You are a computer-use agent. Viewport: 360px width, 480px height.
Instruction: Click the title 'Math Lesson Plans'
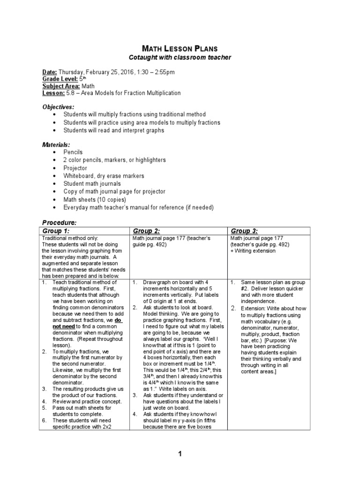[180, 48]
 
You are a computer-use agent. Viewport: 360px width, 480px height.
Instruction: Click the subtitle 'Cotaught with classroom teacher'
[180, 57]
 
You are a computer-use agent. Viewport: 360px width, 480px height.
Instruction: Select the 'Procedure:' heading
[60, 222]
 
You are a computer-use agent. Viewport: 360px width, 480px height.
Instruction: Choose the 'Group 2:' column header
[147, 231]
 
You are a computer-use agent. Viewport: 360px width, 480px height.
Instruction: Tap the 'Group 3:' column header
[244, 231]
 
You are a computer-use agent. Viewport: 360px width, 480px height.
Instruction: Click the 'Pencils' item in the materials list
[73, 152]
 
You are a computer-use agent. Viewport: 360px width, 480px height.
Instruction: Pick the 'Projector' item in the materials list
[75, 168]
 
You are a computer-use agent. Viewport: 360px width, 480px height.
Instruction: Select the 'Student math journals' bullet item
[92, 184]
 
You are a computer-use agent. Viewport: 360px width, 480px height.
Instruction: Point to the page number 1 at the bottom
[180, 454]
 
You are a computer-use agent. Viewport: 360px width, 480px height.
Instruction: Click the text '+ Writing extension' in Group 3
[253, 251]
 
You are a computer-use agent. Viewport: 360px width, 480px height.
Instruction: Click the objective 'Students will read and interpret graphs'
[114, 130]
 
